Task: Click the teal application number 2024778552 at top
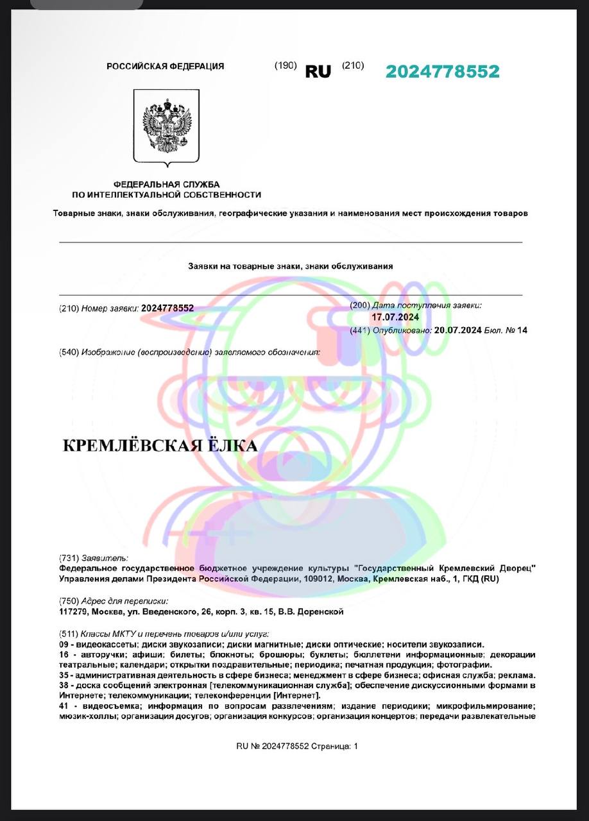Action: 442,72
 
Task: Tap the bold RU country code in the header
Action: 318,72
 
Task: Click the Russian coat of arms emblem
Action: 166,126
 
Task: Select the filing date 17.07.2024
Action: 395,317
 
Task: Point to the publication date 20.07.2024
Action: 457,330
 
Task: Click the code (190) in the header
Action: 286,65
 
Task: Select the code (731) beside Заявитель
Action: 69,558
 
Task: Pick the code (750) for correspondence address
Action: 69,601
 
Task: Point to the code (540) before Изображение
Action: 69,352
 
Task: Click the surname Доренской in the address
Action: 320,611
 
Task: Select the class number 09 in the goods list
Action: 64,644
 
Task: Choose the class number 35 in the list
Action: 64,675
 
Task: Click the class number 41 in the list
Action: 64,706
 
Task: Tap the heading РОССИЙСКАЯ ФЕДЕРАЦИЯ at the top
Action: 165,66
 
